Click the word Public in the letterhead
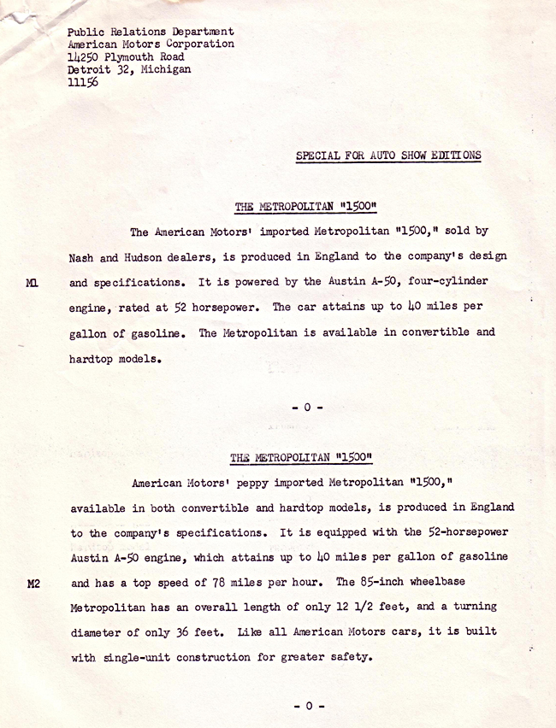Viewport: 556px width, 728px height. [86, 32]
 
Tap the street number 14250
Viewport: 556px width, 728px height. [85, 57]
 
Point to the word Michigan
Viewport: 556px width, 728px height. [165, 70]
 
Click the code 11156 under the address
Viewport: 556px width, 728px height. [82, 83]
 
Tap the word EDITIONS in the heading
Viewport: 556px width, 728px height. [454, 156]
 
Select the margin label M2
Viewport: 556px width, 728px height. [33, 584]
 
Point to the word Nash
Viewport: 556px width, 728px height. [82, 256]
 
